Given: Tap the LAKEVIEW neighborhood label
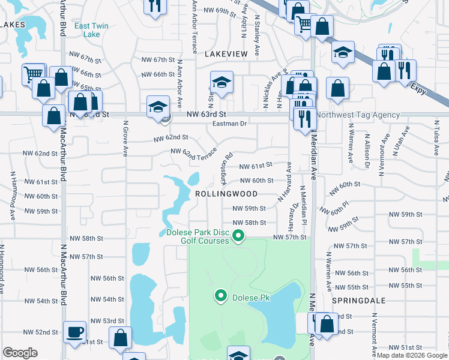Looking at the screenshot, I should coord(226,54).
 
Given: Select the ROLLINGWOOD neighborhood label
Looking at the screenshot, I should coord(226,194).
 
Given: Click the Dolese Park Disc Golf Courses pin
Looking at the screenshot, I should coord(238,236).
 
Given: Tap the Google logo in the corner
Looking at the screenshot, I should coord(20,353).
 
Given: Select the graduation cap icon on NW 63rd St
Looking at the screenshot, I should coord(158,107).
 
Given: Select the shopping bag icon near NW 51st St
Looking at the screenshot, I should coord(121,338).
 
